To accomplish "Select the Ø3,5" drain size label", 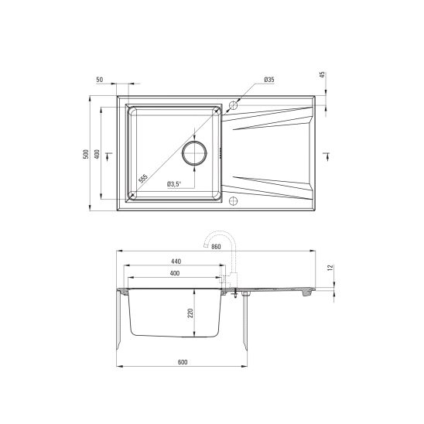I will pos(173,183).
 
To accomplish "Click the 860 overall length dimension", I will pos(216,246).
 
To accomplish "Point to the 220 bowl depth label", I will pos(190,313).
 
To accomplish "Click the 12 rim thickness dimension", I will pos(330,268).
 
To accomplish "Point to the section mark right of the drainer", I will pos(325,155).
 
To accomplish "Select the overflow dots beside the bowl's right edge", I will pos(222,153).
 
